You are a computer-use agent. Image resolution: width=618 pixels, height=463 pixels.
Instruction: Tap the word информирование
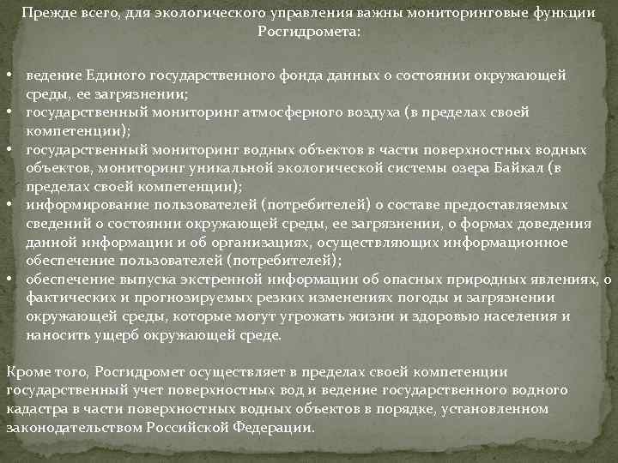click(x=78, y=205)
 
